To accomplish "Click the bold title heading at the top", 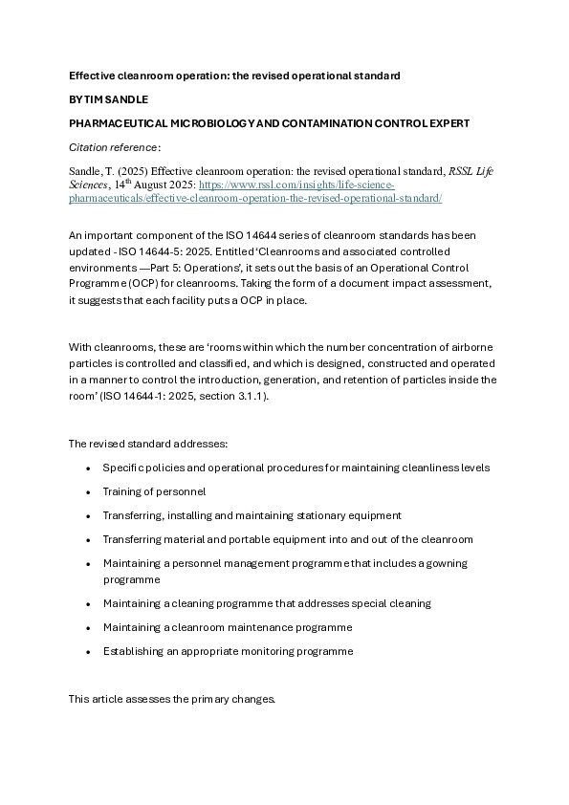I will pyautogui.click(x=234, y=75).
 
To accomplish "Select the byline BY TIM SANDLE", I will pyautogui.click(x=110, y=99).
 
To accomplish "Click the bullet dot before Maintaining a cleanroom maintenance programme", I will pyautogui.click(x=88, y=627).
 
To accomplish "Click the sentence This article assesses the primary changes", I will pyautogui.click(x=172, y=699).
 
